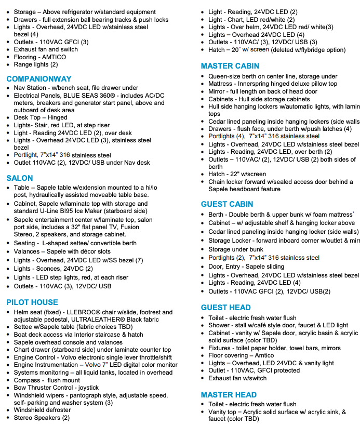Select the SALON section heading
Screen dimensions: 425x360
(x=20, y=178)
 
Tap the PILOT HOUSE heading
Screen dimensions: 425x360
(x=32, y=302)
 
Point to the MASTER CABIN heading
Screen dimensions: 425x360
(x=230, y=67)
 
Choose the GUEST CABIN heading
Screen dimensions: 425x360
(x=227, y=204)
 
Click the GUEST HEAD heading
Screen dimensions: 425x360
(x=226, y=308)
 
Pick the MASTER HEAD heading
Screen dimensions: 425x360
(x=229, y=395)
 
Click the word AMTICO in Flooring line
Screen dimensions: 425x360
(x=54, y=57)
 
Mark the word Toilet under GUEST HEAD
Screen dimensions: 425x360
(x=216, y=318)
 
